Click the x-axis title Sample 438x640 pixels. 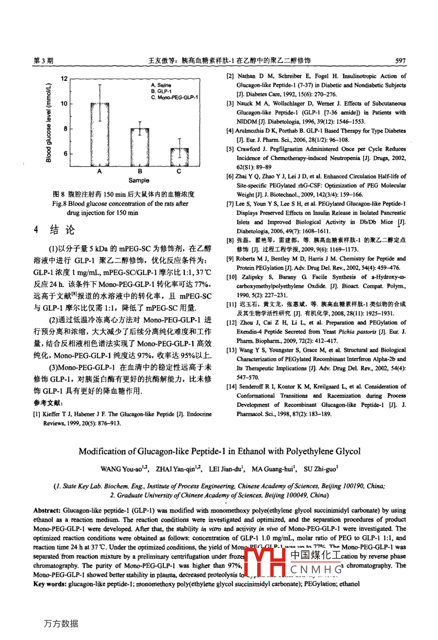click(139, 180)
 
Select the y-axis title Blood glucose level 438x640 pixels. click(48, 123)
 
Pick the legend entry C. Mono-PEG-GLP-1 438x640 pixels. click(174, 97)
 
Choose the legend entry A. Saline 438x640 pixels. click(161, 85)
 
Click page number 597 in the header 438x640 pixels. click(400, 61)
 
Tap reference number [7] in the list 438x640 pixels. click(230, 204)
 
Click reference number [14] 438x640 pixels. click(232, 387)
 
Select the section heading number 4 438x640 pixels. click(36, 229)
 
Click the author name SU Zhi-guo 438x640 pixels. click(320, 469)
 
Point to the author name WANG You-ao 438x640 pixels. click(118, 469)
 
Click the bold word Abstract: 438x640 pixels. click(47, 511)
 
